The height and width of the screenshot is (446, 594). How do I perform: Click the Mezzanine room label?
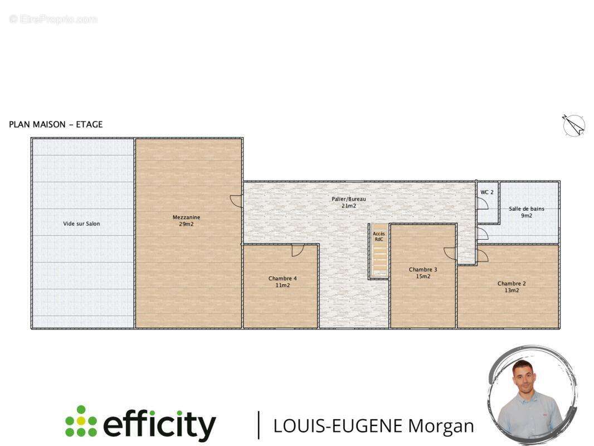tap(186, 217)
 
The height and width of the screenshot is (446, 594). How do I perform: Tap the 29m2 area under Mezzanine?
tap(186, 224)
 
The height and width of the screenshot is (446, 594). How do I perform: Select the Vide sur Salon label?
tap(81, 224)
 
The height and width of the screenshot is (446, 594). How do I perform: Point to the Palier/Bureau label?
tap(349, 199)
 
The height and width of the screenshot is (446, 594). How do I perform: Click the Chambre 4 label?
tap(283, 278)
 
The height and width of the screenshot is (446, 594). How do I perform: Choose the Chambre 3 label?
tap(423, 269)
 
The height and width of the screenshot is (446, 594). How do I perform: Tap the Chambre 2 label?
tap(512, 283)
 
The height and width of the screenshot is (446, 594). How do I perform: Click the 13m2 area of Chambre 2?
tap(512, 290)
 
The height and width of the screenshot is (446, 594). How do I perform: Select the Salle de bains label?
tap(527, 209)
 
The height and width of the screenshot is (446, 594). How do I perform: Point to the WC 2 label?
tap(487, 192)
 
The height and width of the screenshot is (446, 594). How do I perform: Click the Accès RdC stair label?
tap(379, 236)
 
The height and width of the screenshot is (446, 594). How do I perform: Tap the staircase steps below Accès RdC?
tap(379, 260)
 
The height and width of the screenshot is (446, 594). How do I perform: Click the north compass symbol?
tap(573, 125)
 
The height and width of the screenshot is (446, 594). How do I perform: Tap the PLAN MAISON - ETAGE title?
tap(56, 124)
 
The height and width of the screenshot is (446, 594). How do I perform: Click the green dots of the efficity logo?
tap(81, 421)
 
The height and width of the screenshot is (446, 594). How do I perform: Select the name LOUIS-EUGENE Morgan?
tap(373, 426)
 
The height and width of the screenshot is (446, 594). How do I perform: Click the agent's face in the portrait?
tap(527, 377)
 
